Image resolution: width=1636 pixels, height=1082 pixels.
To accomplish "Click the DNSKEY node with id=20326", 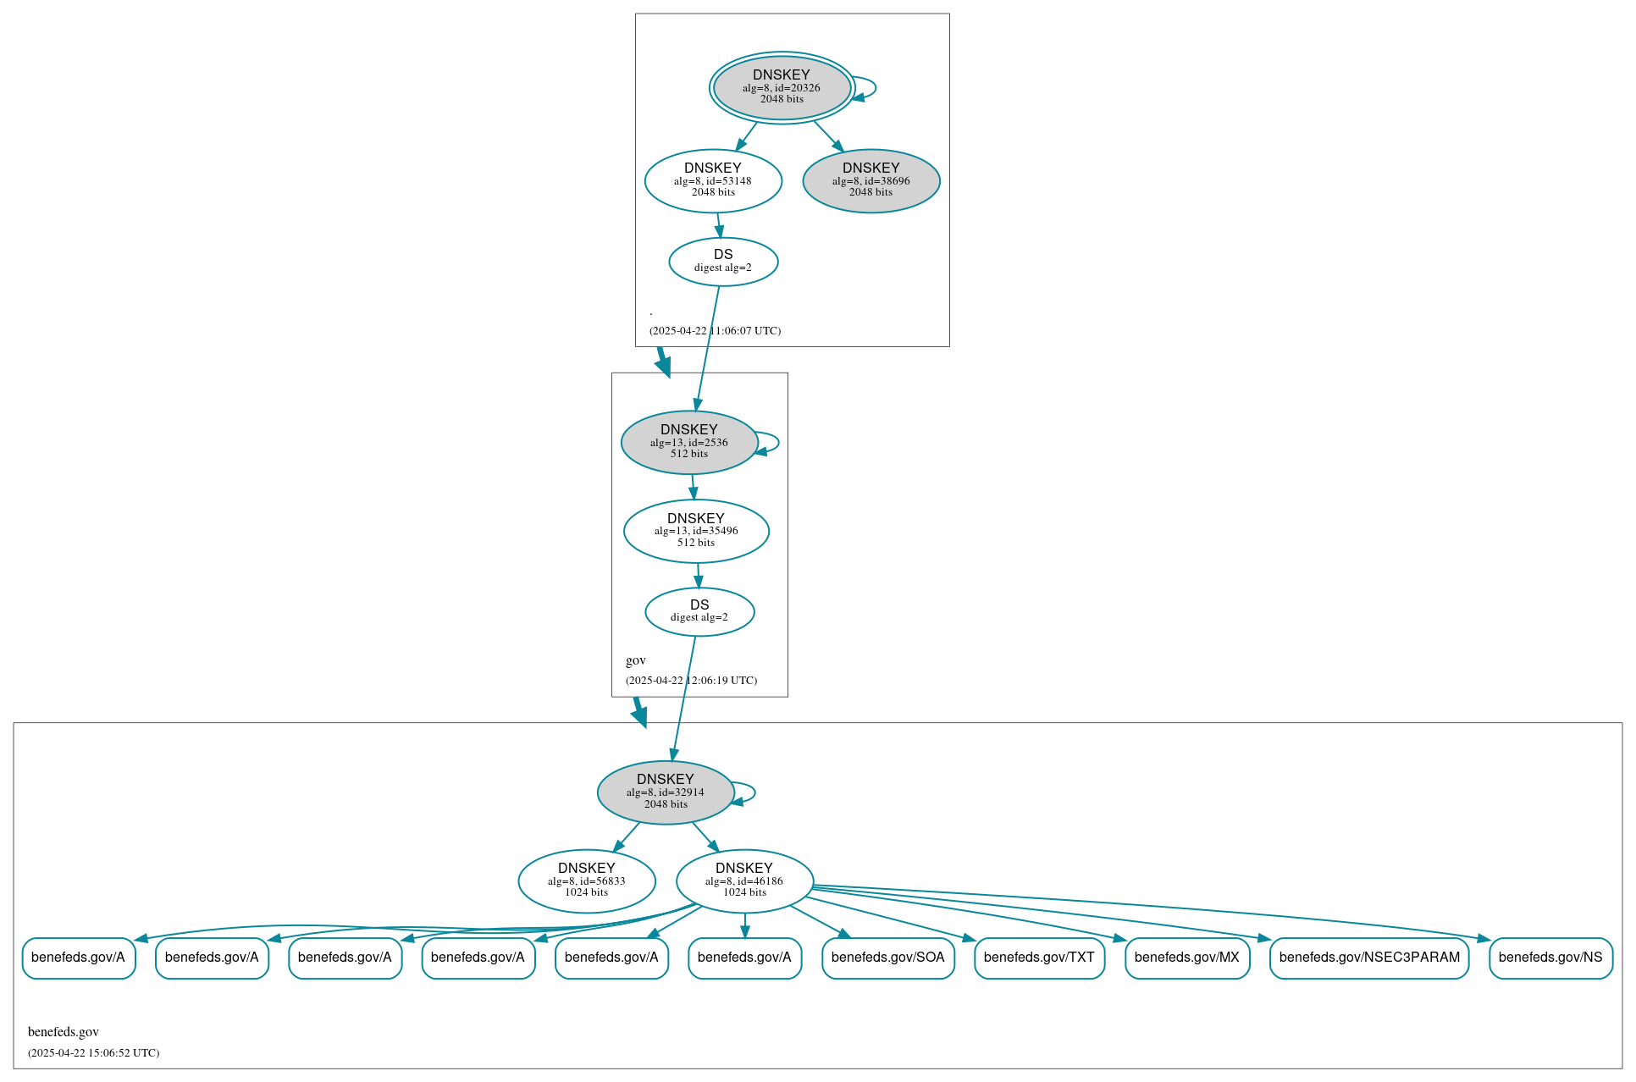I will pyautogui.click(x=782, y=87).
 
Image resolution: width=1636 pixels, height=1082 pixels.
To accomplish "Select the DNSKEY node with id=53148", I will pyautogui.click(x=713, y=180).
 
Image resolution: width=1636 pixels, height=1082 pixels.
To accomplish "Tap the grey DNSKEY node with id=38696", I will pyautogui.click(x=871, y=180).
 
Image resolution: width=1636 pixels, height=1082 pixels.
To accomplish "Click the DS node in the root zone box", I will pyautogui.click(x=723, y=261).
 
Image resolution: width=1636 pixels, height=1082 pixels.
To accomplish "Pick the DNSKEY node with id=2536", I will pyautogui.click(x=689, y=442).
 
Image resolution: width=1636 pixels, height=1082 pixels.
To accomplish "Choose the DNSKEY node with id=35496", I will pyautogui.click(x=696, y=531).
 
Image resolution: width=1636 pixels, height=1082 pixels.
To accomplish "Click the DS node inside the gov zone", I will pyautogui.click(x=699, y=611).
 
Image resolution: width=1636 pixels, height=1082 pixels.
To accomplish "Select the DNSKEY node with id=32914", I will pyautogui.click(x=666, y=792).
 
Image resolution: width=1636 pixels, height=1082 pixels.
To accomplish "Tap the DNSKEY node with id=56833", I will pyautogui.click(x=587, y=881).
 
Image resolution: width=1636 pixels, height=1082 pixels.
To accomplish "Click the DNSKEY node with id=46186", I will pyautogui.click(x=744, y=881).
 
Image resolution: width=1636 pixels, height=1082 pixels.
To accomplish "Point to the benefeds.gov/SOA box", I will pyautogui.click(x=887, y=958).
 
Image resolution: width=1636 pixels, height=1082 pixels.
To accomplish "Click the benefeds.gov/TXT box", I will pyautogui.click(x=1039, y=958).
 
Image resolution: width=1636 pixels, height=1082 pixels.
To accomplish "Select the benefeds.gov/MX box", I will pyautogui.click(x=1186, y=958).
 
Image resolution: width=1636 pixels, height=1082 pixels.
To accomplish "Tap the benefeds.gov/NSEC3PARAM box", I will pyautogui.click(x=1369, y=958).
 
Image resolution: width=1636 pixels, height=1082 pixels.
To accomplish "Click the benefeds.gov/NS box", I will pyautogui.click(x=1550, y=958).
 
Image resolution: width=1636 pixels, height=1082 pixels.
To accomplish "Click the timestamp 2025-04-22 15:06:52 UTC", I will pyautogui.click(x=93, y=1053).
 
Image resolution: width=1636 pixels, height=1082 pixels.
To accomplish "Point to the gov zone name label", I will pyautogui.click(x=636, y=660).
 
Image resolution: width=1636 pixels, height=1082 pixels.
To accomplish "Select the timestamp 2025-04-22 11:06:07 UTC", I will pyautogui.click(x=715, y=331).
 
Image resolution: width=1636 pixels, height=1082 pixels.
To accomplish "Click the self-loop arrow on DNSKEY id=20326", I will pyautogui.click(x=873, y=87).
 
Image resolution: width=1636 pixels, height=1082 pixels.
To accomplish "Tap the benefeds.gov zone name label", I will pyautogui.click(x=64, y=1032).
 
